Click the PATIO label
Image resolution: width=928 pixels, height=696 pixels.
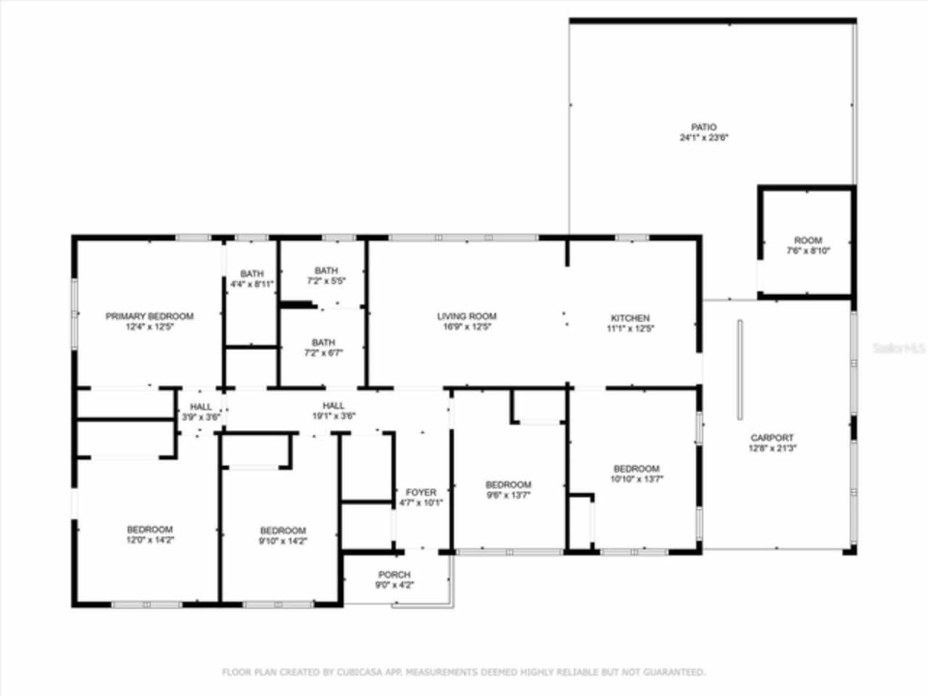[x=703, y=127]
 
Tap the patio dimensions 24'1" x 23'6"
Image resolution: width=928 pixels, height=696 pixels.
[x=703, y=137]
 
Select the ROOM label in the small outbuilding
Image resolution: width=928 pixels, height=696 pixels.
[x=808, y=240]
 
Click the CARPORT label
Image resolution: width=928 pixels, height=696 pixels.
[x=771, y=437]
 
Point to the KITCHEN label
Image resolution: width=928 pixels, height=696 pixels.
[x=630, y=318]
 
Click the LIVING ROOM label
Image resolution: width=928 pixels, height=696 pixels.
[x=466, y=316]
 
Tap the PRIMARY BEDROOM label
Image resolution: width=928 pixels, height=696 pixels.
[x=149, y=316]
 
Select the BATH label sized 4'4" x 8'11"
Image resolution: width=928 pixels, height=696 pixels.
[x=252, y=273]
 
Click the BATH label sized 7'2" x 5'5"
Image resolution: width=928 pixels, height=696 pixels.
[x=326, y=270]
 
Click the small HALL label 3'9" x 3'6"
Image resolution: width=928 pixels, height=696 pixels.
[x=201, y=407]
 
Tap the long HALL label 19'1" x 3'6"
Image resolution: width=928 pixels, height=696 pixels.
[x=333, y=405]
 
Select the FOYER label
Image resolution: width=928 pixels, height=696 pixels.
[x=420, y=492]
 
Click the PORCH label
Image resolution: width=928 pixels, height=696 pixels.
[x=394, y=574]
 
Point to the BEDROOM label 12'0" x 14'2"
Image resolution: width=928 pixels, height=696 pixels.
[x=149, y=529]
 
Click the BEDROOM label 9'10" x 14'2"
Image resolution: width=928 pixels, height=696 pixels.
[x=283, y=530]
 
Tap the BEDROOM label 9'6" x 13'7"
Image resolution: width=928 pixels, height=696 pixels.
[x=508, y=484]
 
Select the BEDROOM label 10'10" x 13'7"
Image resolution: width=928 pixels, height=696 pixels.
[x=636, y=468]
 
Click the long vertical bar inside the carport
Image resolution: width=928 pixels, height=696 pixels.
[x=739, y=370]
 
